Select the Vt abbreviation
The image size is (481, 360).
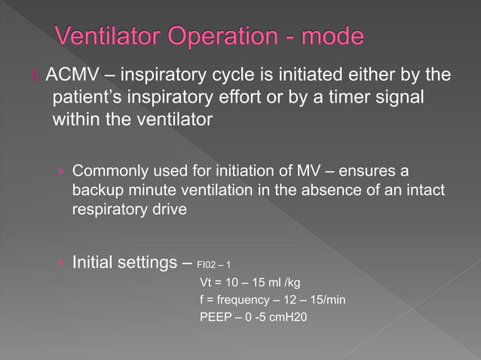(205, 283)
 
